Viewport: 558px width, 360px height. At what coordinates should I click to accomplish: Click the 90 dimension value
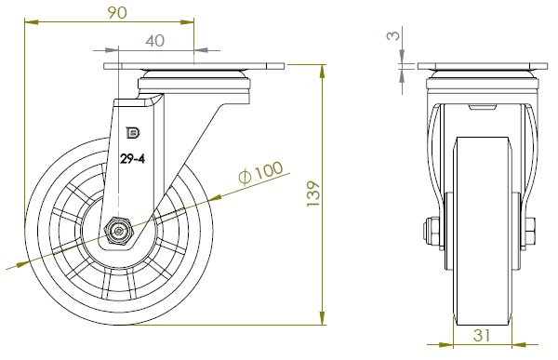(117, 13)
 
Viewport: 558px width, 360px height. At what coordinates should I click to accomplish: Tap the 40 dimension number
(155, 41)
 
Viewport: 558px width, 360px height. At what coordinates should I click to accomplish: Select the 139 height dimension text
(313, 193)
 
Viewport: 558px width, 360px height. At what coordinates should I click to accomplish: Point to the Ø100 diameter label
(260, 172)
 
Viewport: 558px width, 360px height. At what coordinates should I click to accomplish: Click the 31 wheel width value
(482, 335)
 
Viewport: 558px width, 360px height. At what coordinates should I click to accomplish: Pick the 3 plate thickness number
(393, 35)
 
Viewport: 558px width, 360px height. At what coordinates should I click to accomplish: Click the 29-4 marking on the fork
(132, 158)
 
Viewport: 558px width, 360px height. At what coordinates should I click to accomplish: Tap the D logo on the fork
(133, 133)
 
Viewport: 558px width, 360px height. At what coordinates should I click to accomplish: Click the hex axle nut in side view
(117, 232)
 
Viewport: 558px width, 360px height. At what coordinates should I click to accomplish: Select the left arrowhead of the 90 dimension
(32, 22)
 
